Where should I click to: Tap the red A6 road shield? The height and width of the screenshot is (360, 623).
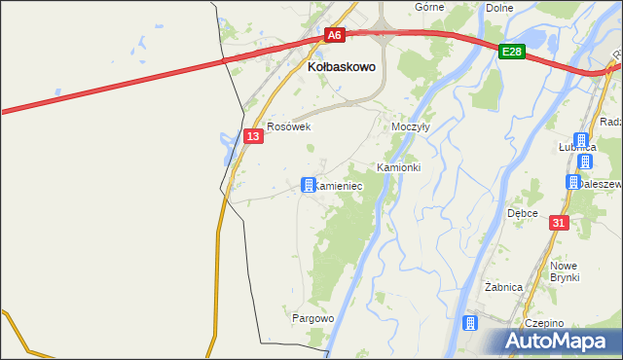[334, 35]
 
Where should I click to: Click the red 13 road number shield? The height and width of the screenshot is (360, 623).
[252, 136]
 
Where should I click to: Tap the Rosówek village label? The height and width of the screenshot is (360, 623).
[288, 126]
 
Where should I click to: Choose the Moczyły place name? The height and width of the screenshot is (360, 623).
[410, 127]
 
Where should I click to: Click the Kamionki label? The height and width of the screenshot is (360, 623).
[398, 167]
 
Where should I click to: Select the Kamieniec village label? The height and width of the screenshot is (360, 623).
[340, 185]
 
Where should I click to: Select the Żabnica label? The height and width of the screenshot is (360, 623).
[504, 287]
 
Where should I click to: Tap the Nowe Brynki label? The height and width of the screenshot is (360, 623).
[564, 271]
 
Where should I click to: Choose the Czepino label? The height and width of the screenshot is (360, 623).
[543, 323]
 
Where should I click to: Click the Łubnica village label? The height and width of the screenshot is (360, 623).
[576, 146]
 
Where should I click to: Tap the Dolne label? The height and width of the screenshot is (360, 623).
[498, 7]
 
